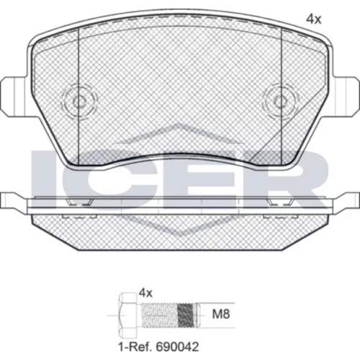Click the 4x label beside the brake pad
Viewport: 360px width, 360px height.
pyautogui.click(x=313, y=19)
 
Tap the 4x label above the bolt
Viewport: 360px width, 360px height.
pyautogui.click(x=145, y=293)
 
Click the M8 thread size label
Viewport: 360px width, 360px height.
pyautogui.click(x=221, y=314)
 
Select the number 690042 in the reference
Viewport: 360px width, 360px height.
pyautogui.click(x=178, y=346)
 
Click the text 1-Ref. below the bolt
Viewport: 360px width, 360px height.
pyautogui.click(x=135, y=346)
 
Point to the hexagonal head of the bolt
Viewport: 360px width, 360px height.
pyautogui.click(x=128, y=315)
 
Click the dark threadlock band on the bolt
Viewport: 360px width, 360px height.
pyautogui.click(x=185, y=315)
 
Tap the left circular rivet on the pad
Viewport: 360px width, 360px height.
pyautogui.click(x=80, y=102)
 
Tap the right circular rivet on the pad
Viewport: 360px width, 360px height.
pyautogui.click(x=280, y=102)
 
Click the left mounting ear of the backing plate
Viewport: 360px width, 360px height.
pyautogui.click(x=14, y=96)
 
